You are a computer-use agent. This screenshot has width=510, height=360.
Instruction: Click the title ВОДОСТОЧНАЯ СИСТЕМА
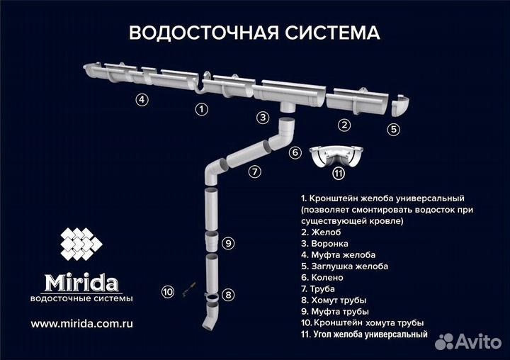tap(254, 33)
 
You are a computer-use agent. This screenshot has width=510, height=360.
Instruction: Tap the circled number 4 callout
tap(142, 99)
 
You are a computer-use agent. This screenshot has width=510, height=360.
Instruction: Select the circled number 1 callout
tap(202, 109)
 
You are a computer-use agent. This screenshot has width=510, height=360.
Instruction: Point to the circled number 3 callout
tap(263, 118)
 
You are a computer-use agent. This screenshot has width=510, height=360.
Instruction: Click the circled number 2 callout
tap(344, 125)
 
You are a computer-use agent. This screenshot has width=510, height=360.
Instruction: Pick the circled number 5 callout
tap(394, 129)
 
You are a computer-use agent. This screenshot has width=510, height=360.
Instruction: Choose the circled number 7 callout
tap(255, 171)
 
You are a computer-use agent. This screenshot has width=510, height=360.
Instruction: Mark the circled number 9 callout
tap(227, 243)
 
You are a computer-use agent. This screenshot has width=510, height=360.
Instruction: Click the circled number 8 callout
tap(228, 294)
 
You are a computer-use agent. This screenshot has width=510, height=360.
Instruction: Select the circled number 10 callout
tap(168, 291)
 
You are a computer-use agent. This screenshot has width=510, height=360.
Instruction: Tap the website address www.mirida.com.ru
tap(82, 322)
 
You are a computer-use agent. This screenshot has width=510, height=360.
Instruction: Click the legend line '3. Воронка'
tap(327, 242)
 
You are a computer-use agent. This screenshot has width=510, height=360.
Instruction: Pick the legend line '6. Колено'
tap(324, 277)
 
